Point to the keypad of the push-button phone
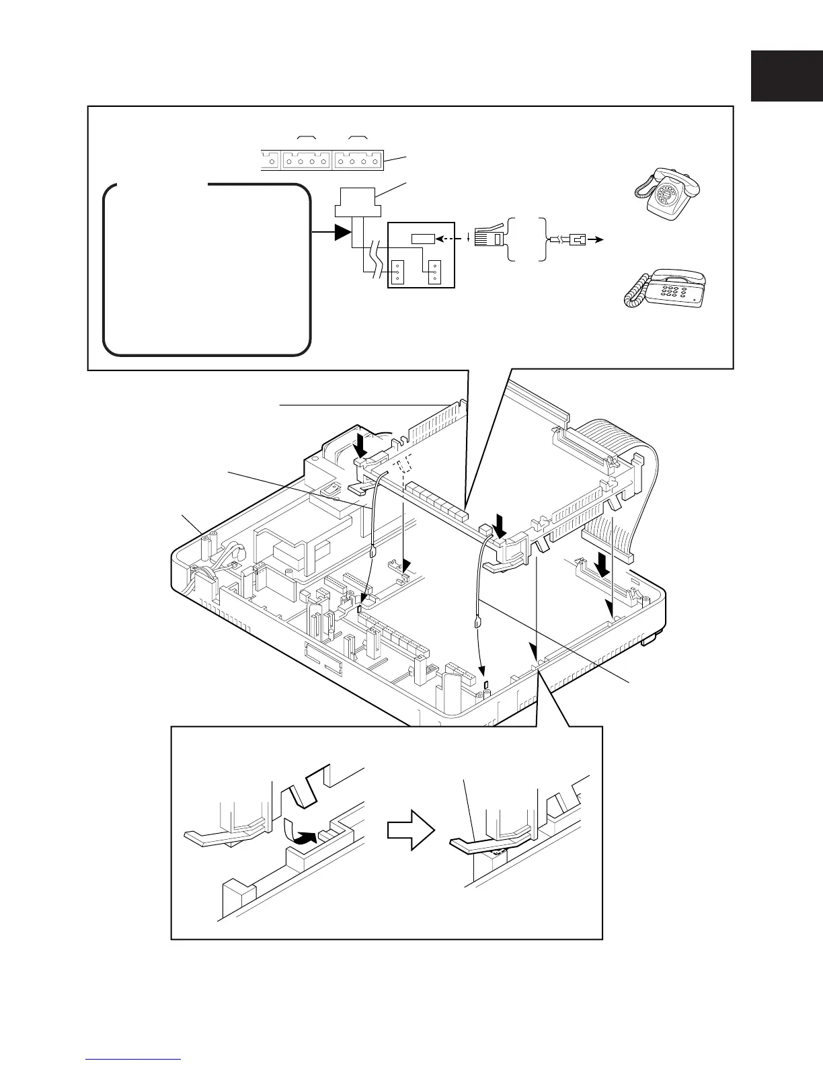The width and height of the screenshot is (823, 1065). pos(672,290)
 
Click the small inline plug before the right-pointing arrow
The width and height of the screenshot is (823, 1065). pos(577,239)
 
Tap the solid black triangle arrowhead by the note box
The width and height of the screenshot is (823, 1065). pos(343,233)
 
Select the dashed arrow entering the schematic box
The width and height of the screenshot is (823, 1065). pos(448,238)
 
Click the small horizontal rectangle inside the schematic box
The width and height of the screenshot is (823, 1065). pos(424,238)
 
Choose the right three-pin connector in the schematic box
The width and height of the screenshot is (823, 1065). pos(435,271)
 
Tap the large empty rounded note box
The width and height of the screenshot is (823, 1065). pos(206,269)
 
